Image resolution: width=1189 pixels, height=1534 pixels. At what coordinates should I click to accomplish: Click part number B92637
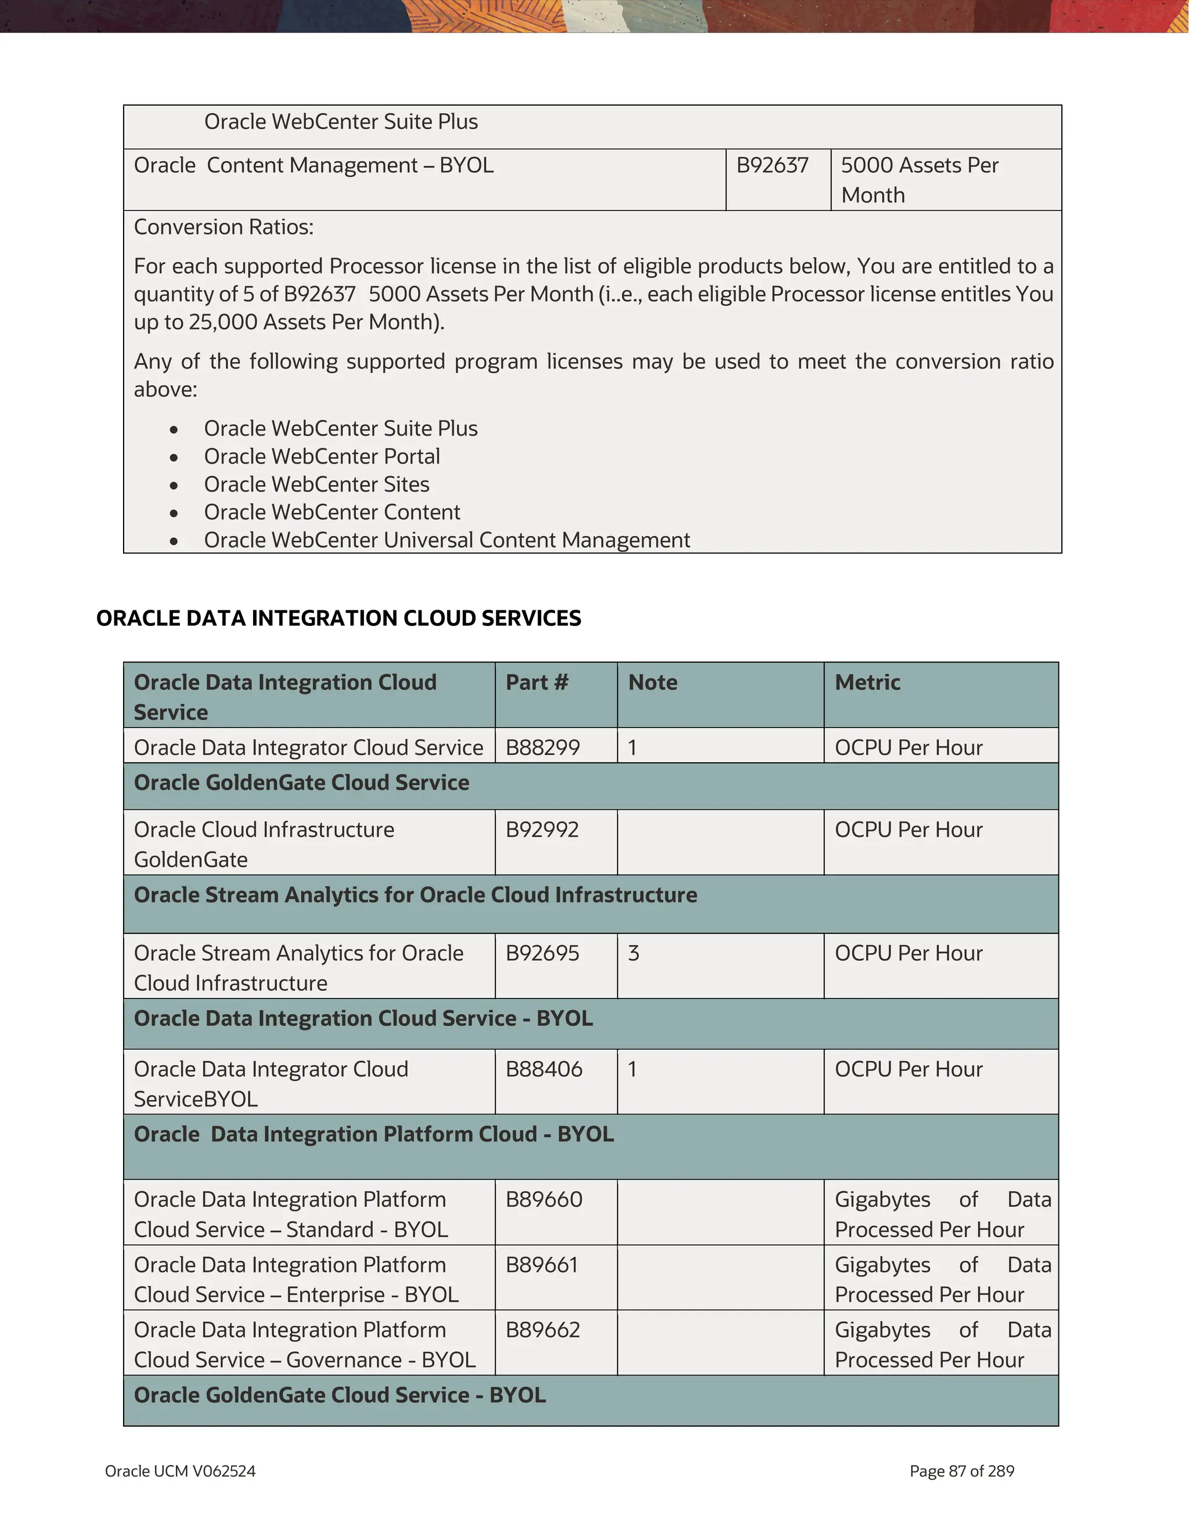pyautogui.click(x=772, y=166)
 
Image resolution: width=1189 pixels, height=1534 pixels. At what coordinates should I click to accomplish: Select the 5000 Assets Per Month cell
pyautogui.click(x=919, y=180)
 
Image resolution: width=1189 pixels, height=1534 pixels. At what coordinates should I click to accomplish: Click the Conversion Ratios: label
pyautogui.click(x=224, y=227)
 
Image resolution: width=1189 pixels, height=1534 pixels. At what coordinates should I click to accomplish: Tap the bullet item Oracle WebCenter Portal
pyautogui.click(x=322, y=457)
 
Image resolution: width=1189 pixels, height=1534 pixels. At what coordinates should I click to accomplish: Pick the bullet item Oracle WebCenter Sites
pyautogui.click(x=316, y=484)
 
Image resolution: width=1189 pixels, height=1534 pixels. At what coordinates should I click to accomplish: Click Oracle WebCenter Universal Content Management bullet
pyautogui.click(x=447, y=540)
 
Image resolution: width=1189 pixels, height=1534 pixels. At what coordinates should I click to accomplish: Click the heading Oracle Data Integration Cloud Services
pyautogui.click(x=338, y=618)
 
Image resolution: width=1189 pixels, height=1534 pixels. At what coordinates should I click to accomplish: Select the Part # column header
pyautogui.click(x=536, y=683)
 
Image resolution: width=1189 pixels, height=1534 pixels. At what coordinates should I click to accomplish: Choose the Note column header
pyautogui.click(x=652, y=683)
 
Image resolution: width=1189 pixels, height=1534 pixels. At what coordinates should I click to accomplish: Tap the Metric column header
pyautogui.click(x=867, y=683)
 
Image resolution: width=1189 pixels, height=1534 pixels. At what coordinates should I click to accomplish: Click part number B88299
pyautogui.click(x=542, y=747)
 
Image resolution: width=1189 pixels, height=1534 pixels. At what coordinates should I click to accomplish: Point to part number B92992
pyautogui.click(x=542, y=830)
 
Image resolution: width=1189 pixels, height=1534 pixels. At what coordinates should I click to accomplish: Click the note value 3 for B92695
pyautogui.click(x=633, y=953)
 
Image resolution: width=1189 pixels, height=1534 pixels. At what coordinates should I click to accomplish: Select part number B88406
pyautogui.click(x=544, y=1069)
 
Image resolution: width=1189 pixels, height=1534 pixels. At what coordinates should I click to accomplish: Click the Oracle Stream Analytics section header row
pyautogui.click(x=415, y=896)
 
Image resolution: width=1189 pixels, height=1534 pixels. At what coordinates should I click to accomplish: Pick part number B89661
pyautogui.click(x=542, y=1265)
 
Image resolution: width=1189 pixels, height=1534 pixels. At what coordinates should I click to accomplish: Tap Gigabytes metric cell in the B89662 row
pyautogui.click(x=942, y=1344)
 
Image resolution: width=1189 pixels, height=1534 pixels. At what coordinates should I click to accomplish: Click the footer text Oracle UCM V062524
pyautogui.click(x=180, y=1471)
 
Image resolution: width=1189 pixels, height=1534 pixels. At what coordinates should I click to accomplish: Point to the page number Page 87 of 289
pyautogui.click(x=961, y=1471)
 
